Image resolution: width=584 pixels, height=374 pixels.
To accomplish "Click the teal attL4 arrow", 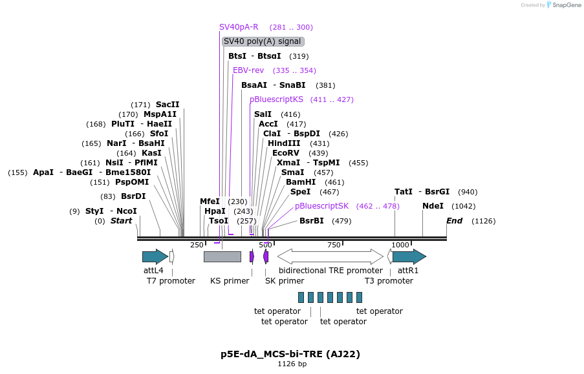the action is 155,256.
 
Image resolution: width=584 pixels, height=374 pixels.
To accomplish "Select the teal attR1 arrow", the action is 409,256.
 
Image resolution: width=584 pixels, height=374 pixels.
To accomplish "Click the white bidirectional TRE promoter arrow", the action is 330,256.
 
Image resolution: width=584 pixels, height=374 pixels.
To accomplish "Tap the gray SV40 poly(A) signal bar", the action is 222,256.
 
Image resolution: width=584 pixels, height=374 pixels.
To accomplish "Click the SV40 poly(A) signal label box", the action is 263,41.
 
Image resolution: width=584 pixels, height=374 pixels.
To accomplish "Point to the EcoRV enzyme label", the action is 286,153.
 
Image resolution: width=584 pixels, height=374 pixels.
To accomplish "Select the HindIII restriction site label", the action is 284,143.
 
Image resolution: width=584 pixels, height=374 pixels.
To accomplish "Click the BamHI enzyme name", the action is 301,182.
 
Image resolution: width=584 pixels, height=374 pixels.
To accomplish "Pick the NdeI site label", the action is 433,206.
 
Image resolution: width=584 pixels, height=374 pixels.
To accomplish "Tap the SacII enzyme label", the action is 168,105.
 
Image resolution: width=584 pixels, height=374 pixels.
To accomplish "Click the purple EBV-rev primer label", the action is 248,70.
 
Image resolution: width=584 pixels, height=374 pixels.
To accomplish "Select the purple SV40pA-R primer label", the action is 239,27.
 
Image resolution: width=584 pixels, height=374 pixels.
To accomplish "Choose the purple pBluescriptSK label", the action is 322,206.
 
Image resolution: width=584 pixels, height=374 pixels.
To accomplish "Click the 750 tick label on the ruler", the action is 334,245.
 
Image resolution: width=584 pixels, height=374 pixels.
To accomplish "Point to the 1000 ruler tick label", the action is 400,245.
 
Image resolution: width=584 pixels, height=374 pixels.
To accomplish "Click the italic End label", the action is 455,221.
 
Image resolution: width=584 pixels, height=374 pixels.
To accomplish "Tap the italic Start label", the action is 122,221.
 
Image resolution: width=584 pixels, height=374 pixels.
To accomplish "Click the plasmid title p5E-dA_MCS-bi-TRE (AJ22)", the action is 290,354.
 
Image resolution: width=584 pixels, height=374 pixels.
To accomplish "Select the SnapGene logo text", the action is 567,5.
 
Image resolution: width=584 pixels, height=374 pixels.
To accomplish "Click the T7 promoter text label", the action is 171,281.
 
